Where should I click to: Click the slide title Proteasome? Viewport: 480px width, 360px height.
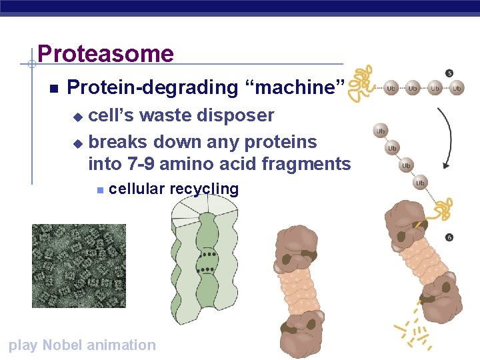coord(105,54)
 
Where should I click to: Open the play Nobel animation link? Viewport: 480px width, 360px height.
coord(81,345)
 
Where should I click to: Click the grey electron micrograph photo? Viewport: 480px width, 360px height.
coord(79,265)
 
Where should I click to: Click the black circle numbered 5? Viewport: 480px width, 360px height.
coord(449,73)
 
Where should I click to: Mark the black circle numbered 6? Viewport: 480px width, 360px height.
coord(450,237)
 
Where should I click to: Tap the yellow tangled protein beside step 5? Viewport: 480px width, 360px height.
coord(363,83)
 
